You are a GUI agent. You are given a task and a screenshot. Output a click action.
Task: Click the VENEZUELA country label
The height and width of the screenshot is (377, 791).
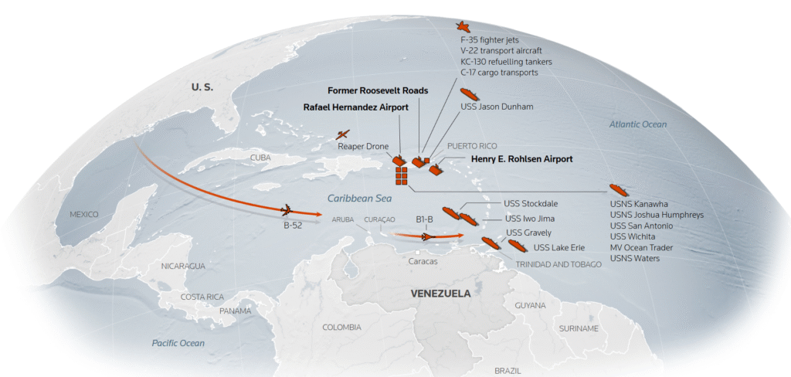(x=440, y=294)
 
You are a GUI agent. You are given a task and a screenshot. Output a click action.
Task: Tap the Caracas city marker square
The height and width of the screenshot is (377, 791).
(x=417, y=252)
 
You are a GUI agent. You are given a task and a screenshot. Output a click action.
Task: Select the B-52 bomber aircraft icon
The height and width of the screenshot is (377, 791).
(x=286, y=209)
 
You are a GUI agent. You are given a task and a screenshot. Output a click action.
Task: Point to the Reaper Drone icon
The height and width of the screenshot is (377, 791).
(x=343, y=134)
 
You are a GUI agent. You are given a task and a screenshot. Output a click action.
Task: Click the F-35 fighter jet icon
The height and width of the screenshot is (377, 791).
(x=463, y=28)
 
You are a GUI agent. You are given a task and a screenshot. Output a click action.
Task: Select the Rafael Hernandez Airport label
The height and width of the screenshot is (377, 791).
(x=355, y=107)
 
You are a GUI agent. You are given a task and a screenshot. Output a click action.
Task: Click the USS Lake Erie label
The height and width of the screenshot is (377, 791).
(x=558, y=247)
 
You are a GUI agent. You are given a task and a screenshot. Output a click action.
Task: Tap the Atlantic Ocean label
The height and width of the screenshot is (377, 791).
(x=637, y=124)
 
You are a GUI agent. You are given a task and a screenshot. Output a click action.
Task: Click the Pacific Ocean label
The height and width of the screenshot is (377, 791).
(x=178, y=342)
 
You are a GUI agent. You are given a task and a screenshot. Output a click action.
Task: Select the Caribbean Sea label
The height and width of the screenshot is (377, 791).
(x=356, y=199)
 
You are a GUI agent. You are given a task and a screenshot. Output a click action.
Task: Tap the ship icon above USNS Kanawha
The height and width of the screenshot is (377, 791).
(x=620, y=189)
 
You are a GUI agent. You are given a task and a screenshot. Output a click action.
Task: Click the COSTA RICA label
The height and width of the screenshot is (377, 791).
(x=202, y=297)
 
